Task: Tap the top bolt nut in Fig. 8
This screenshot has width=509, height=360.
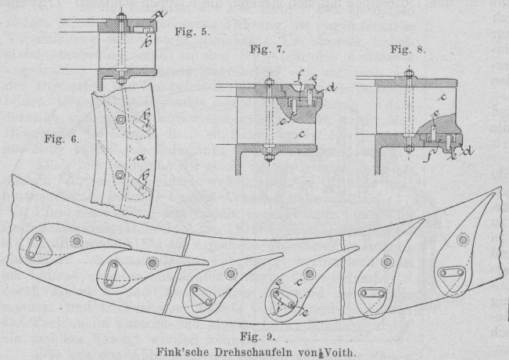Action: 408,75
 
